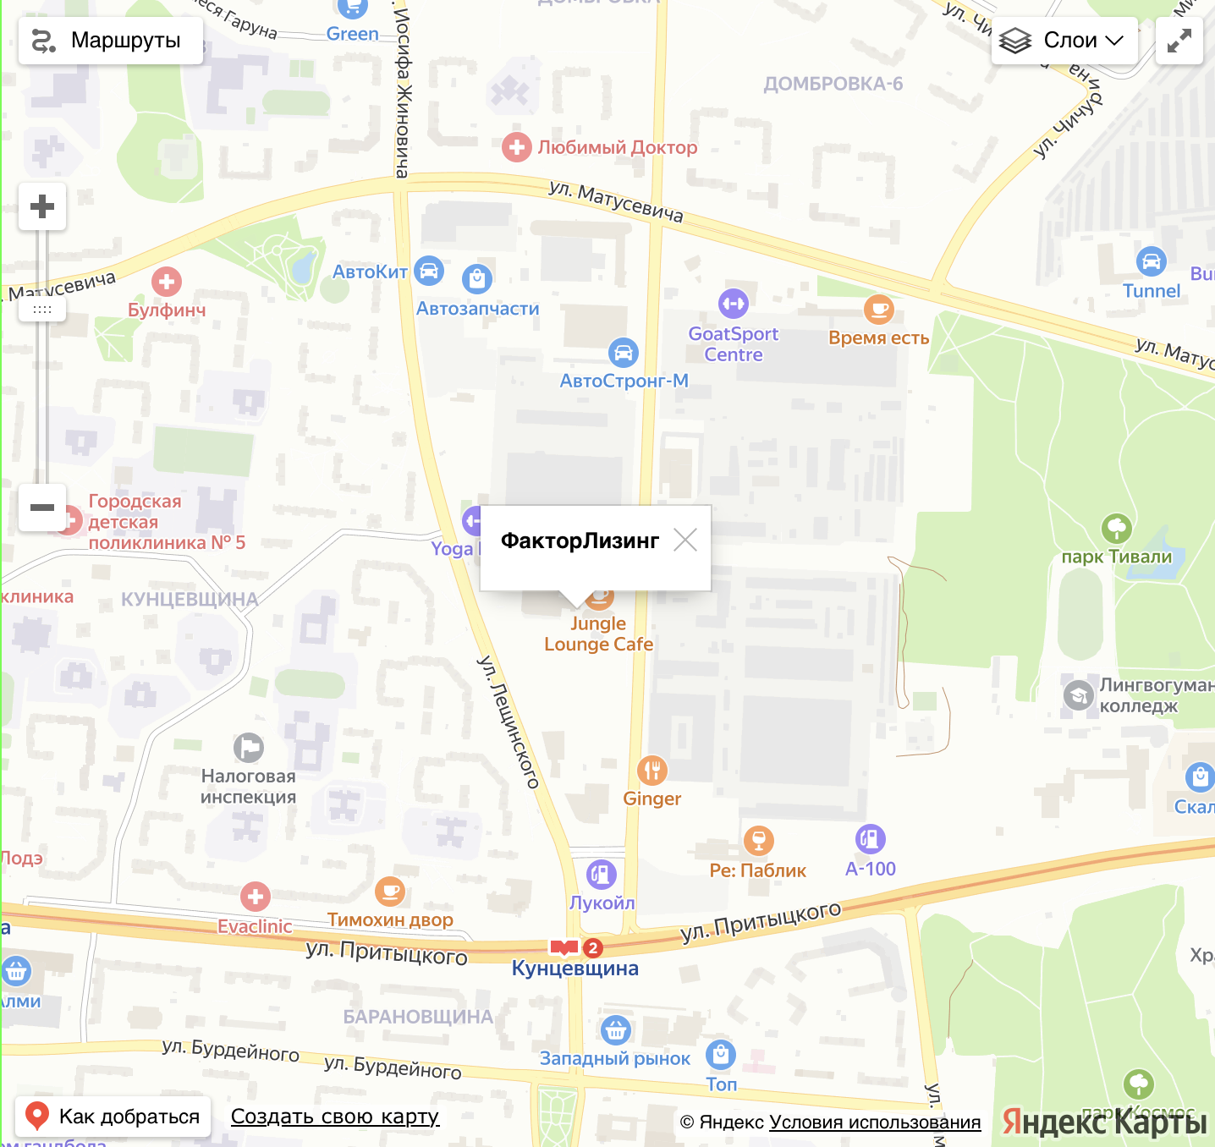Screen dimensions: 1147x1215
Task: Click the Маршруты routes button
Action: (x=110, y=41)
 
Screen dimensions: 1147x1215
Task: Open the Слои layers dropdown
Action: (x=1064, y=41)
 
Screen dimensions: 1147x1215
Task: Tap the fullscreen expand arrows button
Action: (x=1179, y=41)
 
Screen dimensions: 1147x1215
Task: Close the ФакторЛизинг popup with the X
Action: (x=684, y=540)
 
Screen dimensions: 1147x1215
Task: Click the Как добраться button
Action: (x=113, y=1117)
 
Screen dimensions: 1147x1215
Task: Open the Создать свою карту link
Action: (x=335, y=1117)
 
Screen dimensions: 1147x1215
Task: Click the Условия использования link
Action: (x=875, y=1122)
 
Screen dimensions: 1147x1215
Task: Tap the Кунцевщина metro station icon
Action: (x=564, y=947)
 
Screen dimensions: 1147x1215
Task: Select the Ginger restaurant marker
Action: (x=651, y=771)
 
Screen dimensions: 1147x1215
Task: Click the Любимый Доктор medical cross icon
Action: (x=516, y=147)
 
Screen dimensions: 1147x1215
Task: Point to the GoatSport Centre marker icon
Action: (x=733, y=304)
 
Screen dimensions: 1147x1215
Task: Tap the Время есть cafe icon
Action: (x=878, y=310)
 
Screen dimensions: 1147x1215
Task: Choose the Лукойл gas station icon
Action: (x=601, y=875)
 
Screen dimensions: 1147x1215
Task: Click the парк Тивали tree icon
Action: (x=1116, y=529)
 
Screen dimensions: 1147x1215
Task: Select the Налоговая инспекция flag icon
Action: (x=249, y=748)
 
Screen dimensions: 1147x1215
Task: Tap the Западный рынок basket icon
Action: (x=615, y=1030)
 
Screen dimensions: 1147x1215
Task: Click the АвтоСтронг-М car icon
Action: (x=623, y=353)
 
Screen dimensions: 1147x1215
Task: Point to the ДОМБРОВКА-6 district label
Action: (x=833, y=84)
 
